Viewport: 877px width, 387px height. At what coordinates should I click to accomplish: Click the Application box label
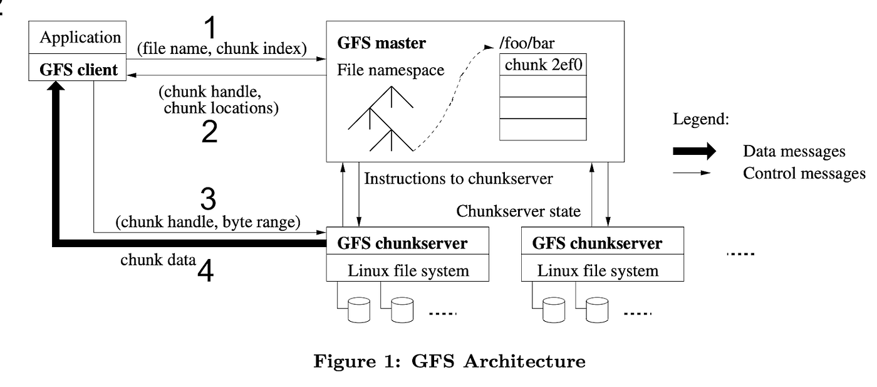[80, 37]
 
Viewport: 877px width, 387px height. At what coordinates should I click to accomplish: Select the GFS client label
[79, 69]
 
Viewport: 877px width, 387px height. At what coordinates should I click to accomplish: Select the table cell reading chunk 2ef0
[542, 65]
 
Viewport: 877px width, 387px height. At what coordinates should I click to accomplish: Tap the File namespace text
[390, 70]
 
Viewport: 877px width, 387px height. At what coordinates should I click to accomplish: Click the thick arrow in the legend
[694, 151]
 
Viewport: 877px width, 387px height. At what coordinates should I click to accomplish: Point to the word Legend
[700, 120]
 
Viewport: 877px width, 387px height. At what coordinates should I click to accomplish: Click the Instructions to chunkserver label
[459, 179]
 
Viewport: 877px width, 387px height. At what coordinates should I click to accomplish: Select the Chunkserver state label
[519, 211]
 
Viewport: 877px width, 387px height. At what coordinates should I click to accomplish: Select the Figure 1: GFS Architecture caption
[449, 362]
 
